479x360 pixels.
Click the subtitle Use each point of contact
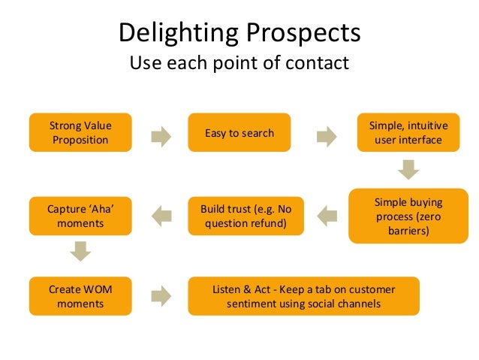coord(239,62)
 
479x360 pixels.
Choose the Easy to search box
coord(239,133)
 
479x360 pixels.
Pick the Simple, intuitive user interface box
coord(405,132)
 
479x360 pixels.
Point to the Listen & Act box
coord(304,296)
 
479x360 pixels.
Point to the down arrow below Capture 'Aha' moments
coord(79,252)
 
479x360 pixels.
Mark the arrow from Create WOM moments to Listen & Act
coord(161,295)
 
